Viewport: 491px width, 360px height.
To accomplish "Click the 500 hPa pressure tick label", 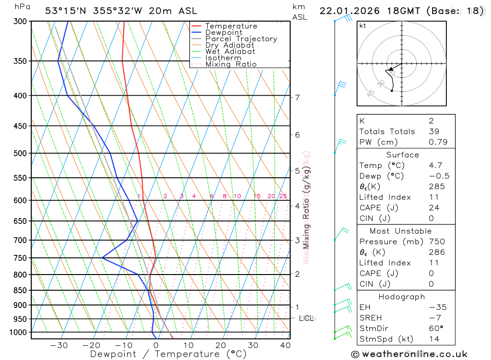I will [21, 153].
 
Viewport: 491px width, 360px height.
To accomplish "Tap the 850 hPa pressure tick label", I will [21, 290].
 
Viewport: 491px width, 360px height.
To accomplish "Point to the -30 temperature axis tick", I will [59, 345].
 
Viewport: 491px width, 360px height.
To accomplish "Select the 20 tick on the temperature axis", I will [220, 345].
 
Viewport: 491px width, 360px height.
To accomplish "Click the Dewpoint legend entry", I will [223, 32].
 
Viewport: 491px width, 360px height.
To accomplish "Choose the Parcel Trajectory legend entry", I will [241, 39].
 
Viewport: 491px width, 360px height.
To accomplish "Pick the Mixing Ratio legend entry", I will [231, 64].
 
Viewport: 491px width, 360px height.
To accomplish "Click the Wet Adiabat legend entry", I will [230, 52].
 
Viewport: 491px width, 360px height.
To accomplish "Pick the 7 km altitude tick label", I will [297, 97].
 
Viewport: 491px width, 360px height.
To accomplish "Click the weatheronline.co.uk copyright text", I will [409, 354].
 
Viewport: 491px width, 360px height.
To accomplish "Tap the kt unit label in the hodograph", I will [363, 26].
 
